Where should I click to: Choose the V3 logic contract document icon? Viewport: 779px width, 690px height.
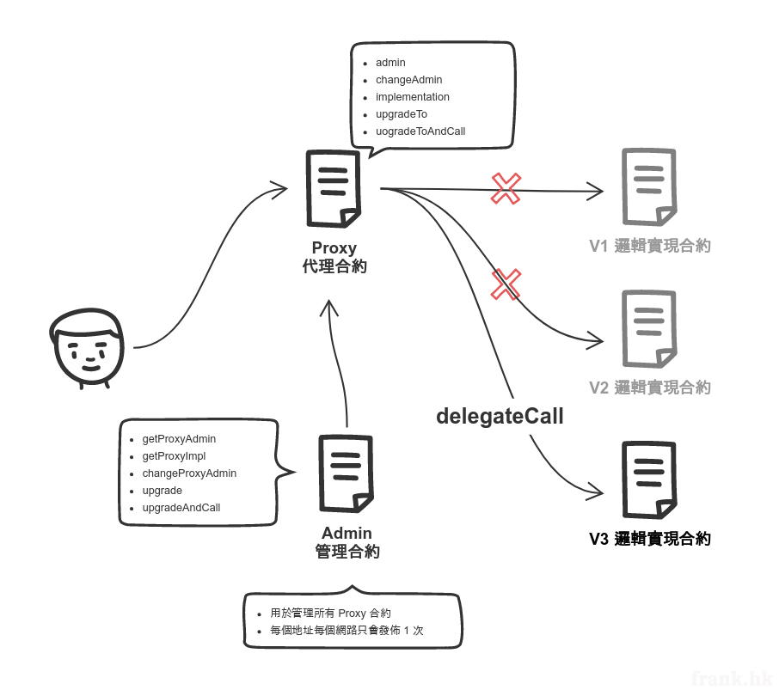click(648, 479)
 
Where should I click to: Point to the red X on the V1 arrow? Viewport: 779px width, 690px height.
click(506, 189)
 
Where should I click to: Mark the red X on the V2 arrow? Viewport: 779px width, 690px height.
click(506, 284)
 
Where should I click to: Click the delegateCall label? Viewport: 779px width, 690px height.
click(500, 417)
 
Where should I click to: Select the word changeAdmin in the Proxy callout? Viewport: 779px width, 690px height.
click(408, 80)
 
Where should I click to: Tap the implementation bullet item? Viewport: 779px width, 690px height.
click(412, 97)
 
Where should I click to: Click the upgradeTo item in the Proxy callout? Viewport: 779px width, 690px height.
click(401, 114)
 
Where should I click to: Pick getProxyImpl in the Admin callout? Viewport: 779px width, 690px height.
click(174, 456)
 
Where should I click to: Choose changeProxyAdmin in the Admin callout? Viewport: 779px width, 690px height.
click(189, 473)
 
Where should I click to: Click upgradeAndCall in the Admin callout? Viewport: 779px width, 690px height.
click(181, 508)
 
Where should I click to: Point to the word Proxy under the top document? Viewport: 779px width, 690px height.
click(334, 248)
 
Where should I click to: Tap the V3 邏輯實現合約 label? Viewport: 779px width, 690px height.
click(649, 540)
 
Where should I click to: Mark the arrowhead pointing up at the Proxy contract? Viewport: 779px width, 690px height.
click(328, 305)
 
